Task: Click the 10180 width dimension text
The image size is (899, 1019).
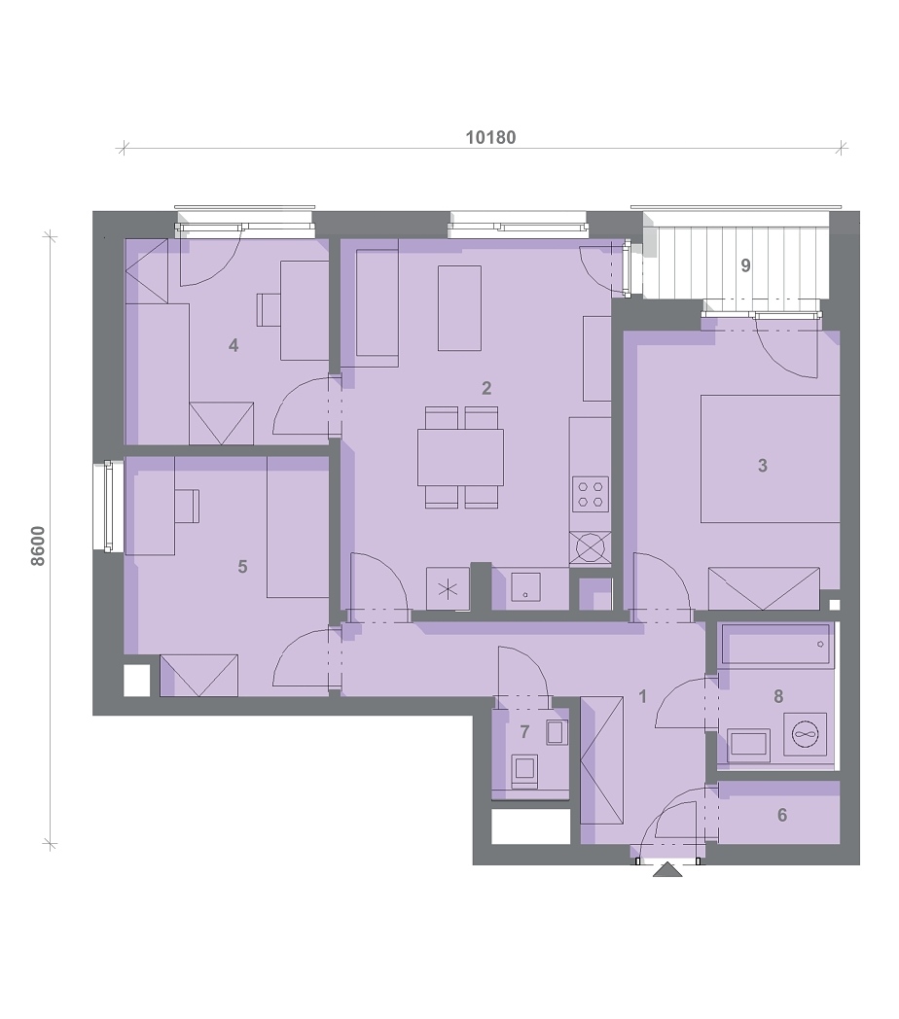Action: pos(491,137)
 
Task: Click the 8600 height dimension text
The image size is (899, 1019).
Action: pos(38,545)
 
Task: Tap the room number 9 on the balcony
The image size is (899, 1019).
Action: pos(745,265)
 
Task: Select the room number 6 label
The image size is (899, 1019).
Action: pos(782,815)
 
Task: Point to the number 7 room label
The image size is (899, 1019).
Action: pos(525,732)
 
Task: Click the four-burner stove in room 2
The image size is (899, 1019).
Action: pos(590,493)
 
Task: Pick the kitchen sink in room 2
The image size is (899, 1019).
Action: pos(525,587)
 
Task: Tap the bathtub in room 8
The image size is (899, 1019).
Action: pos(775,645)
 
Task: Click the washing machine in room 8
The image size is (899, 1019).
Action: pos(806,734)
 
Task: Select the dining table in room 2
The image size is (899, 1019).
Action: pos(460,457)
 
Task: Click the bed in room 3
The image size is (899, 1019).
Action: pos(770,458)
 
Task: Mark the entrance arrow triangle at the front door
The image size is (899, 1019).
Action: pos(667,869)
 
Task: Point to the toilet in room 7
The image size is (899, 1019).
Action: pos(524,771)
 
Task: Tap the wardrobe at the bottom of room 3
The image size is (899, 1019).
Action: pos(764,589)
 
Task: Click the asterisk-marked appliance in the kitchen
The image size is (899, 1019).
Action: pos(448,589)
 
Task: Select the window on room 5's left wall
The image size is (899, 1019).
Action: pos(109,507)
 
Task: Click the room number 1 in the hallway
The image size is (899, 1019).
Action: pos(642,696)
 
